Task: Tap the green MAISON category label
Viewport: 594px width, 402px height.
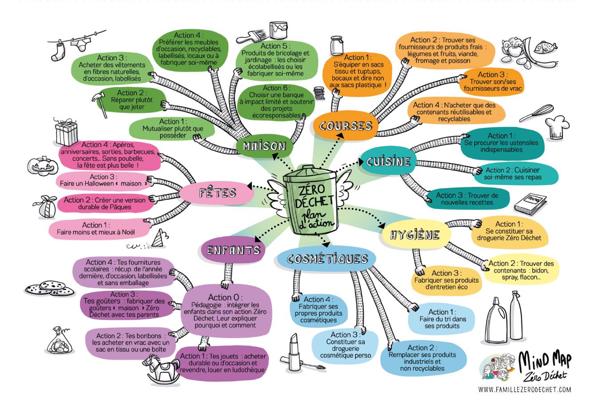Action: pyautogui.click(x=264, y=146)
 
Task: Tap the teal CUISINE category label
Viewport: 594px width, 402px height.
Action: pyautogui.click(x=388, y=161)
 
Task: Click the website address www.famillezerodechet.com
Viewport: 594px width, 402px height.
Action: pyautogui.click(x=524, y=390)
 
